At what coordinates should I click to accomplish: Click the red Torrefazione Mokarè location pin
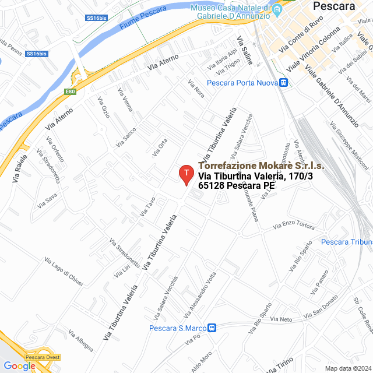[x=185, y=174]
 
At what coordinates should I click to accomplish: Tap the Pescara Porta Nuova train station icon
[x=283, y=83]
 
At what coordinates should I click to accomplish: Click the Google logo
[x=19, y=365]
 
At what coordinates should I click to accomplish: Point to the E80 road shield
[x=71, y=92]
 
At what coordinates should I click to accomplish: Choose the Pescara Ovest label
[x=43, y=357]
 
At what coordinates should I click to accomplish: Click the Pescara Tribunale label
[x=347, y=242]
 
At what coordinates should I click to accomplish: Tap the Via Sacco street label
[x=126, y=137]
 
